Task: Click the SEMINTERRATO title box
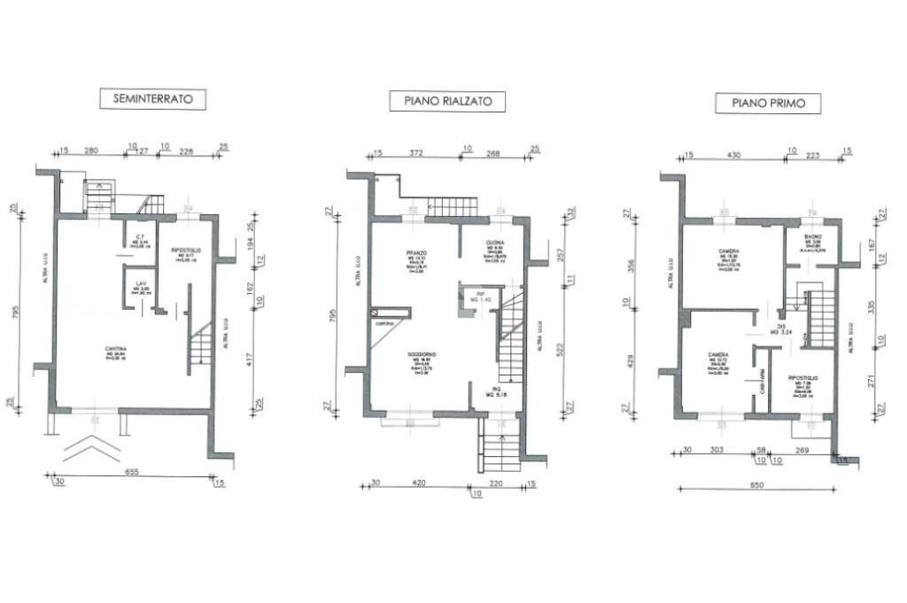[152, 98]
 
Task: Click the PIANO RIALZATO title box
[447, 102]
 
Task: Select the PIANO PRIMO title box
[768, 103]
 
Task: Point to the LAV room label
[141, 284]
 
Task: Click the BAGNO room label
[811, 238]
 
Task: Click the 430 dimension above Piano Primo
[733, 155]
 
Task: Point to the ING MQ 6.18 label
[498, 391]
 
